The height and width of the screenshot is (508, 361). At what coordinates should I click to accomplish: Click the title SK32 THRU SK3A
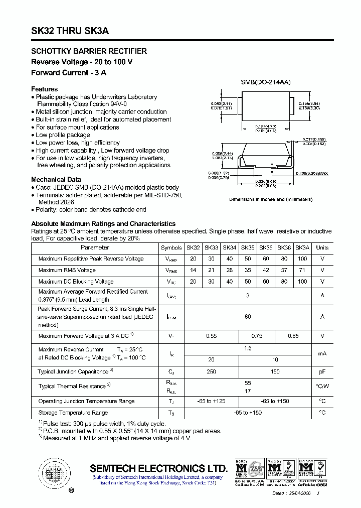tap(70, 31)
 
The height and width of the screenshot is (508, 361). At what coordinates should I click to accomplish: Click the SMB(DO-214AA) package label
tap(266, 82)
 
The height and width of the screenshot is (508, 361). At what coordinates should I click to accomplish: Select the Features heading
tap(44, 89)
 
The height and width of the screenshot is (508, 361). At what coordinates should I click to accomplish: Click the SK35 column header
tap(248, 247)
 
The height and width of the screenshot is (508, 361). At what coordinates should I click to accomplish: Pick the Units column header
tap(322, 247)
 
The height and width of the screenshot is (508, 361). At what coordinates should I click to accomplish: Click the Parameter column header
tap(95, 247)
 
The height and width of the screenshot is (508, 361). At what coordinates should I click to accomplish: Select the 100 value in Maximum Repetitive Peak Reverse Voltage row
tap(302, 259)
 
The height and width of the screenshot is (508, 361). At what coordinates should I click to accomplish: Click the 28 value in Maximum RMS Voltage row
tap(230, 270)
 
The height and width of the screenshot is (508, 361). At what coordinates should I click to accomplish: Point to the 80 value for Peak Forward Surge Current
tap(248, 317)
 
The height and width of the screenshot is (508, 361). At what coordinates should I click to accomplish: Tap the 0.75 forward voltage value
tap(257, 336)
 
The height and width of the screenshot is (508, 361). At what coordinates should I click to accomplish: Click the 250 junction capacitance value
tap(212, 372)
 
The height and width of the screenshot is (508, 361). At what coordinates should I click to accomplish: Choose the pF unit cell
tap(322, 372)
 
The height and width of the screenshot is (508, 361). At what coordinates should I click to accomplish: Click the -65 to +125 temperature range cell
tap(212, 401)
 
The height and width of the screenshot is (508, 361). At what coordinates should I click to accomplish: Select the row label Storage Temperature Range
tap(73, 413)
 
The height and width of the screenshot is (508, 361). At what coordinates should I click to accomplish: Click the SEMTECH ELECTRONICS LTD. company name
tap(159, 468)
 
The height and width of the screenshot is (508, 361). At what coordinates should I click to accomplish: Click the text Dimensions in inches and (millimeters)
tap(271, 199)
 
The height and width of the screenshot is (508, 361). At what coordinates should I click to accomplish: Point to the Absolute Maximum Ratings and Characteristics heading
tap(103, 223)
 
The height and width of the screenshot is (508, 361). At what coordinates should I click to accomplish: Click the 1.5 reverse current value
tap(248, 348)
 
